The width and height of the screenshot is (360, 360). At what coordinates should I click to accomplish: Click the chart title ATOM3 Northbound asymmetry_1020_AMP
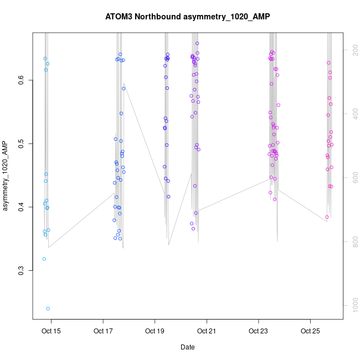click(187, 17)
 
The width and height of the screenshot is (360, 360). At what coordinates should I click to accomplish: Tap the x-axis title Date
click(187, 347)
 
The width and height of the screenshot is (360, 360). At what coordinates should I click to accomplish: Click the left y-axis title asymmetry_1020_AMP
click(6, 176)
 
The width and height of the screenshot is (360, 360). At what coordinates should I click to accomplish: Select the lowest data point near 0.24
click(48, 308)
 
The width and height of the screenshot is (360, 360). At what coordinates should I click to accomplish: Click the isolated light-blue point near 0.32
click(44, 259)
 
